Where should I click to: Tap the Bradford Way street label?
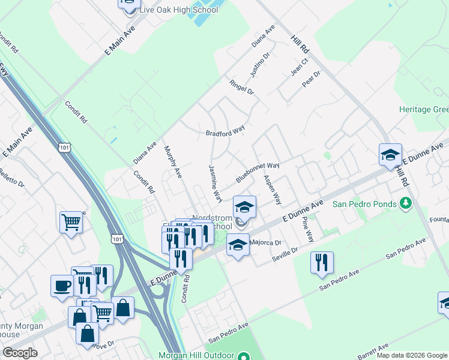coord(225,133)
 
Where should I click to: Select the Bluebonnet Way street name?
coord(258,172)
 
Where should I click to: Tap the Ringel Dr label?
coord(242,88)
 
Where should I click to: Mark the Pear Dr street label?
coord(312,79)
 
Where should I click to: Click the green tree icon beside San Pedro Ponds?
coord(406,203)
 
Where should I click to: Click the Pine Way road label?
coord(307,229)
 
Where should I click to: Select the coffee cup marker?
coord(61,284)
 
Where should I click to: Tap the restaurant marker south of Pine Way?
coord(322,262)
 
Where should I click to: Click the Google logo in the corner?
coord(20,353)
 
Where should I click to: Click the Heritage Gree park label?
coord(424,110)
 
